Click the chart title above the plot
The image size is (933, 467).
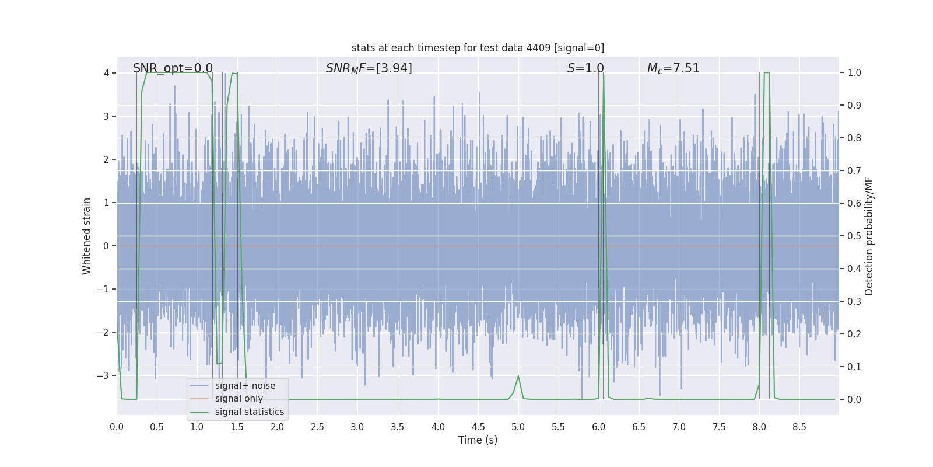tap(478, 48)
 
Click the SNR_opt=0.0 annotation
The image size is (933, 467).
tap(173, 68)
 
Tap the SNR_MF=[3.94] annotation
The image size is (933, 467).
tap(369, 68)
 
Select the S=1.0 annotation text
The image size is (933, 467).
tap(585, 68)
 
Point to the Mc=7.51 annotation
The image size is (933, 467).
tap(673, 68)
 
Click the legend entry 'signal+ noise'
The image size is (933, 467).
tap(245, 386)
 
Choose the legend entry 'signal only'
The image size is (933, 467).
tap(238, 399)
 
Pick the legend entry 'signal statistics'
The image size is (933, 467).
tap(249, 412)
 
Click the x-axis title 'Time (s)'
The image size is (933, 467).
tap(478, 440)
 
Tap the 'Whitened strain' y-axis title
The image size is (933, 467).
tap(87, 236)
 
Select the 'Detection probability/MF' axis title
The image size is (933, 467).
tap(869, 236)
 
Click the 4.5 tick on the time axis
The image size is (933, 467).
tap(478, 427)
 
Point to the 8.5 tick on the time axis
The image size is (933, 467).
tap(799, 427)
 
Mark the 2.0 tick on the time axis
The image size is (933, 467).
tap(277, 427)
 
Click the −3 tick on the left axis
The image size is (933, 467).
tap(103, 375)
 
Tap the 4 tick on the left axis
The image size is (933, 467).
tap(106, 73)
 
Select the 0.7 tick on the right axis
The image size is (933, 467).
tap(854, 171)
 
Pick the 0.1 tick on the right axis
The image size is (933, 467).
tap(854, 367)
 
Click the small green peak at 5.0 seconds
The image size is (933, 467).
tap(518, 377)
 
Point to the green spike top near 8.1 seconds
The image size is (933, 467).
tap(767, 73)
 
